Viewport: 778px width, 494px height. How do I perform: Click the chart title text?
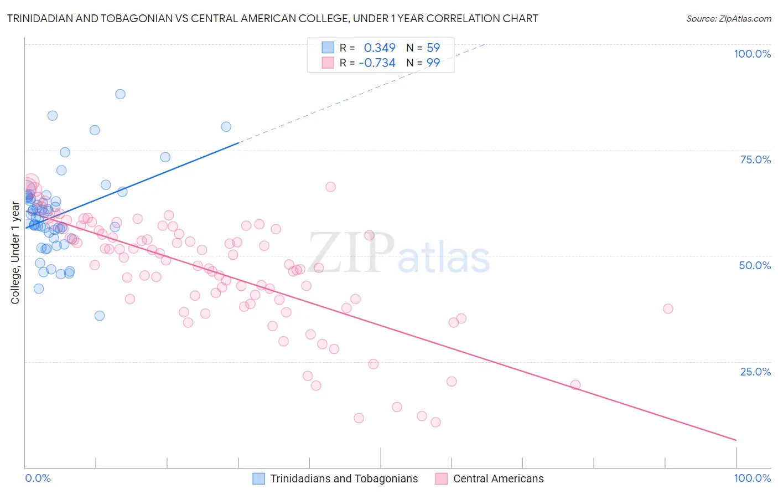pyautogui.click(x=272, y=19)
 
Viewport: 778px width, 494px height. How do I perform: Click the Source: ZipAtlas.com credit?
pyautogui.click(x=728, y=19)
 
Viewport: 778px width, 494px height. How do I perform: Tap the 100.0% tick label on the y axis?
pyautogui.click(x=752, y=54)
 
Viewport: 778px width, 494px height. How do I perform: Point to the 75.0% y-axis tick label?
pyautogui.click(x=755, y=159)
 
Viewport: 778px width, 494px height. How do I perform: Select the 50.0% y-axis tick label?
pyautogui.click(x=755, y=265)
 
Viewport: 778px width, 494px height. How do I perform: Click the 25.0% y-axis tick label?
pyautogui.click(x=755, y=371)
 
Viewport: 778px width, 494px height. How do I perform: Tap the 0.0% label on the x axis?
pyautogui.click(x=38, y=478)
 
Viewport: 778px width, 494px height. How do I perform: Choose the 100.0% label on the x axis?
pyautogui.click(x=752, y=478)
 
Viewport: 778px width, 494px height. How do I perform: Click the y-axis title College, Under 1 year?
pyautogui.click(x=15, y=253)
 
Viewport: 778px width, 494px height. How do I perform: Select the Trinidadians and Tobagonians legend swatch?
pyautogui.click(x=258, y=478)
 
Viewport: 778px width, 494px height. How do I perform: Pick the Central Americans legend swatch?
pyautogui.click(x=441, y=478)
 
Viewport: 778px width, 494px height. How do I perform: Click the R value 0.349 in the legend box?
pyautogui.click(x=380, y=48)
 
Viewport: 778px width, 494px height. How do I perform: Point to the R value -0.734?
pyautogui.click(x=377, y=63)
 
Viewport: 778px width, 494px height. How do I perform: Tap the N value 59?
pyautogui.click(x=433, y=48)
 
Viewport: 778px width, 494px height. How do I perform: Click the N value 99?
pyautogui.click(x=433, y=63)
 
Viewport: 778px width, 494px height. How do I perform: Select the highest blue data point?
pyautogui.click(x=120, y=94)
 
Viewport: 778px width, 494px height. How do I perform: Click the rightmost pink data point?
pyautogui.click(x=668, y=308)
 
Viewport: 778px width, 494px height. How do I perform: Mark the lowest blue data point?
pyautogui.click(x=100, y=316)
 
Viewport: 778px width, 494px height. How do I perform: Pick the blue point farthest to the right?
pyautogui.click(x=226, y=127)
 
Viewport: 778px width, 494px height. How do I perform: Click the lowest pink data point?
pyautogui.click(x=435, y=422)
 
